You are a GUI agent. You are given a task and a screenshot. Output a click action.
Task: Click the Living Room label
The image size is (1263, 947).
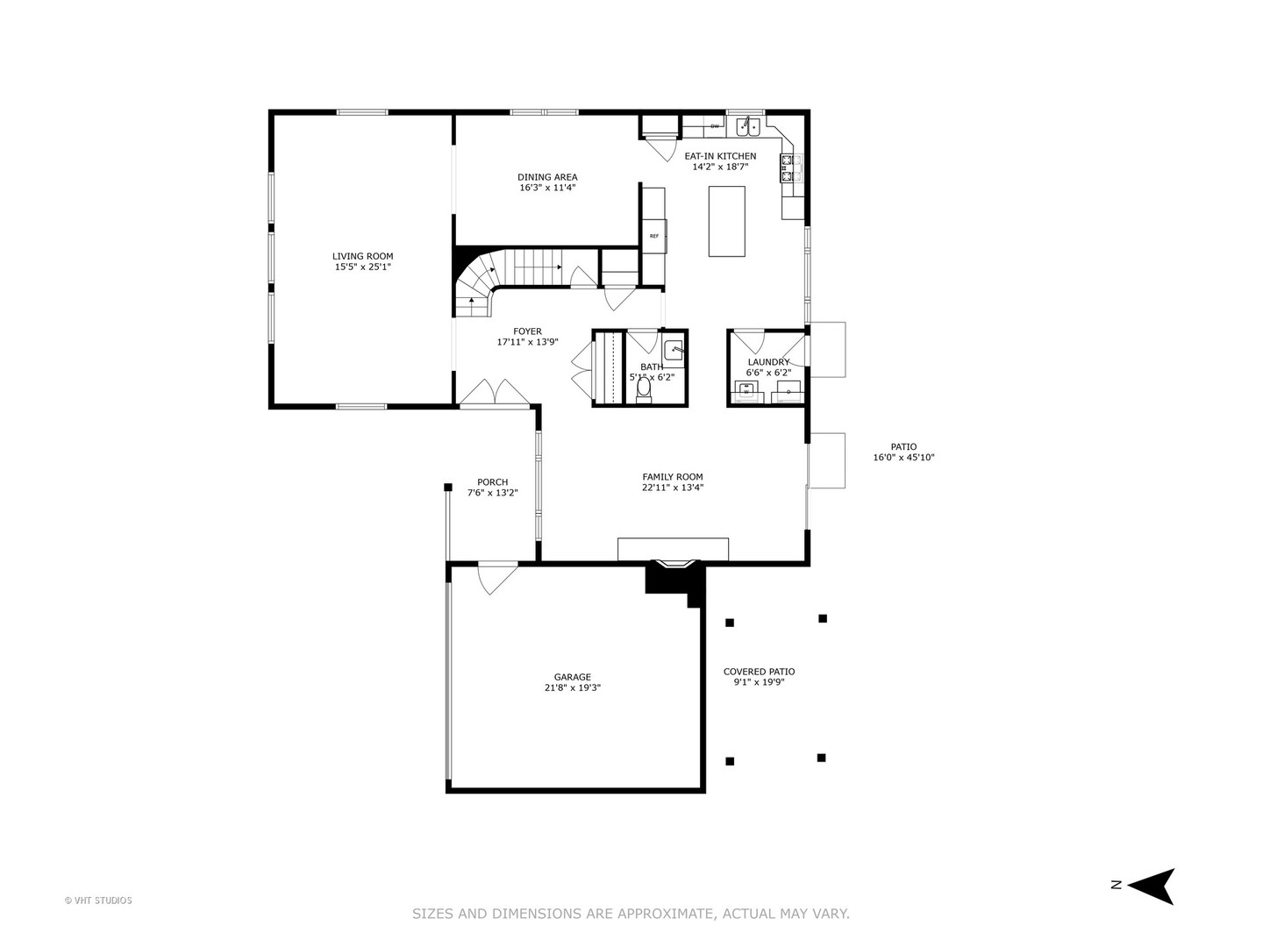(362, 256)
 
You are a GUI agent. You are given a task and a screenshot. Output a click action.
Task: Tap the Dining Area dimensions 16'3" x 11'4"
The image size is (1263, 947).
(547, 188)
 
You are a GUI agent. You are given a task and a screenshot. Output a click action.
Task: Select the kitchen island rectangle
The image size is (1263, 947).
(726, 221)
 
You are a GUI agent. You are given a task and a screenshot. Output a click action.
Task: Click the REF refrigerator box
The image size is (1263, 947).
(654, 236)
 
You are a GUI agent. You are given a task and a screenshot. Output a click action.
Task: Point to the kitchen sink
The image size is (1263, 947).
(748, 127)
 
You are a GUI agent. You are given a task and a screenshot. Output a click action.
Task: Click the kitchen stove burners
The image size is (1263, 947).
(788, 167)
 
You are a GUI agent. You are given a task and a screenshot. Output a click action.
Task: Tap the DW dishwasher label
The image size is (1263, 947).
(715, 127)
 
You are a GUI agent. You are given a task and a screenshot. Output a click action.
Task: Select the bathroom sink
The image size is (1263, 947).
(674, 350)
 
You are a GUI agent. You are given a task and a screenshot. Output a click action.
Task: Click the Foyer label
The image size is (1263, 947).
(527, 331)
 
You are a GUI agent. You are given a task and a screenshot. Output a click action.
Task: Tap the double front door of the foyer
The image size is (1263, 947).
(496, 394)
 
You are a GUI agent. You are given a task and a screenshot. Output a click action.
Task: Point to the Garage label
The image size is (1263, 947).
(572, 677)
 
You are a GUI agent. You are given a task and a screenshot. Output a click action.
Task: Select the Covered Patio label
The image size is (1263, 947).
(759, 672)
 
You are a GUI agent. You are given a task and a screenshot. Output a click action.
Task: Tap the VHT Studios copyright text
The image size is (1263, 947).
(98, 901)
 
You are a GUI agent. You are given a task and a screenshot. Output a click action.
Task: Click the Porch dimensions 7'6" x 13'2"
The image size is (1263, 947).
(492, 493)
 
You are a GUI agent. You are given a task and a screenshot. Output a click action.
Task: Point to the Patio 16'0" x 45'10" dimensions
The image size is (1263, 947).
(903, 458)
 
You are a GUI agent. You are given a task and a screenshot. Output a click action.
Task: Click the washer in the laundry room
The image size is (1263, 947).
(746, 391)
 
